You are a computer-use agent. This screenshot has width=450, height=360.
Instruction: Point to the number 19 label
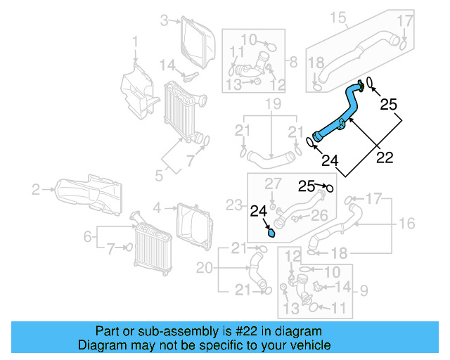(x=272, y=105)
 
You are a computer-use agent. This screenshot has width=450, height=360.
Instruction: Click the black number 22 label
(x=385, y=158)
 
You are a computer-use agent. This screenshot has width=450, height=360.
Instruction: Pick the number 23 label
(x=232, y=205)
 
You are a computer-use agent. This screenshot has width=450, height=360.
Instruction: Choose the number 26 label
(x=319, y=214)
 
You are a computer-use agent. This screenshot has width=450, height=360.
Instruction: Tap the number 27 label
(x=272, y=184)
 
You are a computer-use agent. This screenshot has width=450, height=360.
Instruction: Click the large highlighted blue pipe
(x=337, y=112)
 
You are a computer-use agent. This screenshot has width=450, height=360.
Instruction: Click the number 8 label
(x=293, y=60)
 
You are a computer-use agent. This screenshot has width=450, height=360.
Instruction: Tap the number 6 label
(x=88, y=237)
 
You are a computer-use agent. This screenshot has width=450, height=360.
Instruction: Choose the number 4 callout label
(x=157, y=207)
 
